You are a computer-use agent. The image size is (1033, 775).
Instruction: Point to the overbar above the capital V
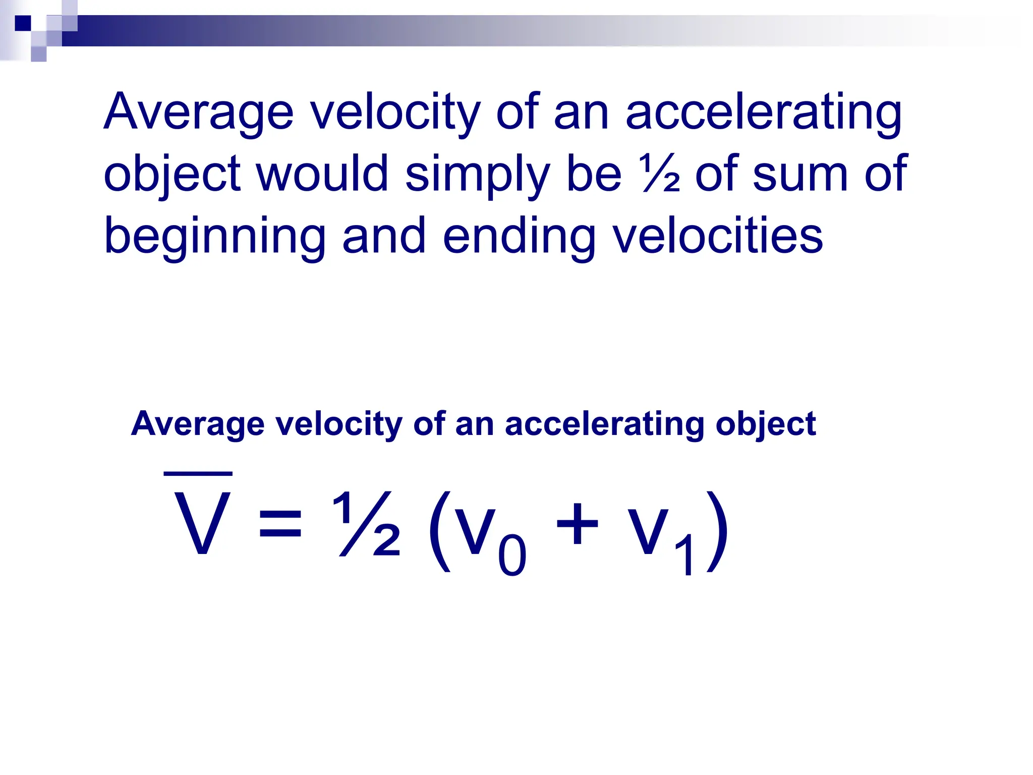[198, 473]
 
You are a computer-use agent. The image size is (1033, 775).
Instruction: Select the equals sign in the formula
[280, 525]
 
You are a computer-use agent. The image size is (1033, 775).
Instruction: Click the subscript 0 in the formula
[512, 555]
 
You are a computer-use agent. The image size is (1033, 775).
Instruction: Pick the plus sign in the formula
[577, 524]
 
